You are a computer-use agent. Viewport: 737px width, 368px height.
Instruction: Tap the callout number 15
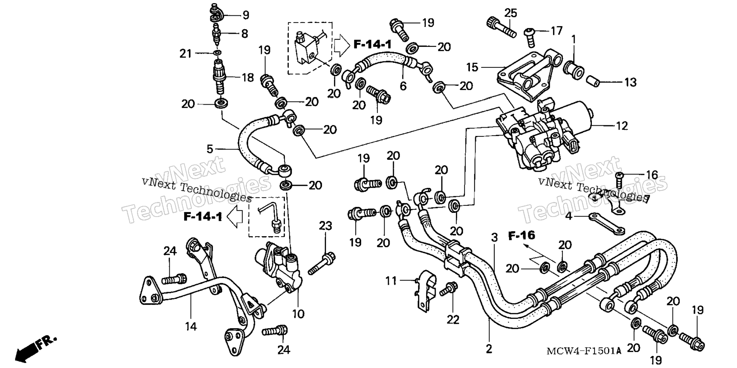[x=472, y=67]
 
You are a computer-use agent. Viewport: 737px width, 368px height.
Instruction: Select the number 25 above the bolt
[x=511, y=13]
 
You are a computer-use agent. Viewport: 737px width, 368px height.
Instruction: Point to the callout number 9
[x=246, y=15]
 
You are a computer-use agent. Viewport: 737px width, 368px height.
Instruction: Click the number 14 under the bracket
[x=191, y=326]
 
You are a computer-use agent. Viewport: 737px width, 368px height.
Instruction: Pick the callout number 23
[x=326, y=226]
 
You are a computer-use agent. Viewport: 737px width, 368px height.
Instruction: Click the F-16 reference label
[x=522, y=235]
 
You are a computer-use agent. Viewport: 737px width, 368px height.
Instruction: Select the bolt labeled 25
[x=501, y=28]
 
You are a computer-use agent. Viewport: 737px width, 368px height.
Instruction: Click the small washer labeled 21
[x=218, y=53]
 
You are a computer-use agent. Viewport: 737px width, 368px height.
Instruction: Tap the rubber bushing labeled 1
[x=574, y=68]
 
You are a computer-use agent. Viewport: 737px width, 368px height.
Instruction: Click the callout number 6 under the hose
[x=403, y=86]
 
